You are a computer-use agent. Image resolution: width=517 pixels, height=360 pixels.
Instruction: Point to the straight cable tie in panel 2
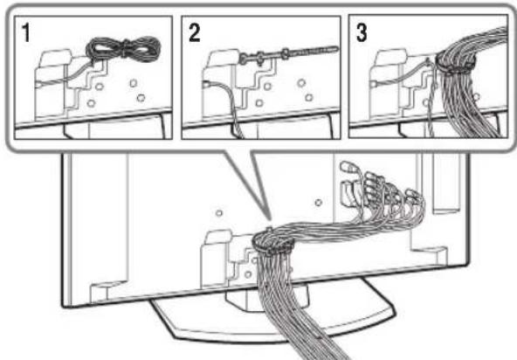pos(288,53)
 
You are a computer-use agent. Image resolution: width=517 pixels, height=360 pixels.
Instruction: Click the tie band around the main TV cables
pos(272,244)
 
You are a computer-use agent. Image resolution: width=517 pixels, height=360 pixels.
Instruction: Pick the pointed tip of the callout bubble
pos(271,219)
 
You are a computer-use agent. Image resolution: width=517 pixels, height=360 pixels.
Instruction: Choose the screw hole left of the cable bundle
pos(219,213)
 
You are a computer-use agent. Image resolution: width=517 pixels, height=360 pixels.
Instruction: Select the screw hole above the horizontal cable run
pos(318,202)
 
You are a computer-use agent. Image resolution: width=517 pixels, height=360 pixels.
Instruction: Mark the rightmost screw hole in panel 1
pos(141,98)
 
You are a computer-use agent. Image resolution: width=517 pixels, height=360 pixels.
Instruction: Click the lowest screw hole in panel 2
pos(259,103)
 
